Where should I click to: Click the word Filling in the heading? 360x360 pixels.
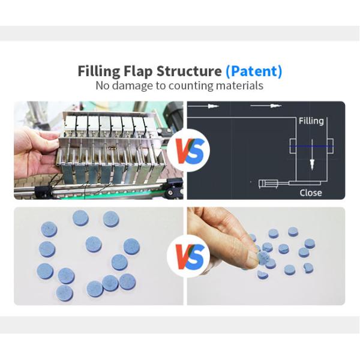tap(100, 71)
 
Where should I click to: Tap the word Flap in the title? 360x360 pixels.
tap(141, 71)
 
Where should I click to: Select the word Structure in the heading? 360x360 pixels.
tap(191, 71)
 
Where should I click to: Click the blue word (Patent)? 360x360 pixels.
tap(253, 71)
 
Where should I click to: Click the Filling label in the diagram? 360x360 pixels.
tap(311, 121)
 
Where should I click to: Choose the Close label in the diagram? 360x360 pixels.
tap(311, 193)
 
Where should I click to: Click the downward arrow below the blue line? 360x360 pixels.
tap(311, 163)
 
